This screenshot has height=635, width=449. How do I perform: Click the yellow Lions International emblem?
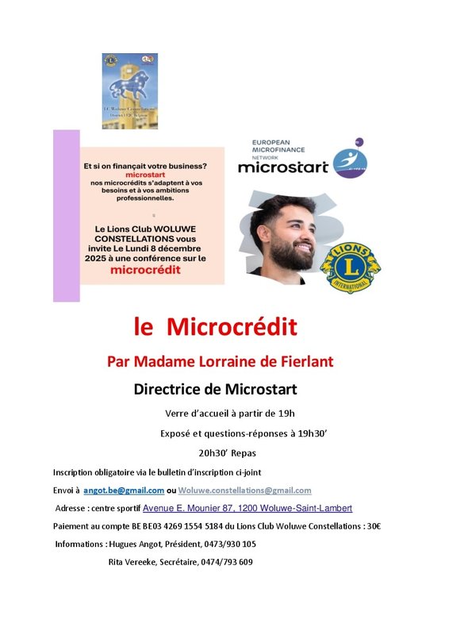click(x=350, y=265)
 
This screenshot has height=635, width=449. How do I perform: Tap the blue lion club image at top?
click(x=129, y=90)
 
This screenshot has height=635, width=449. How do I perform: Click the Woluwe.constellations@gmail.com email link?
click(x=244, y=491)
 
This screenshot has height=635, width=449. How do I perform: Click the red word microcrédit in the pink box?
click(x=144, y=269)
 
